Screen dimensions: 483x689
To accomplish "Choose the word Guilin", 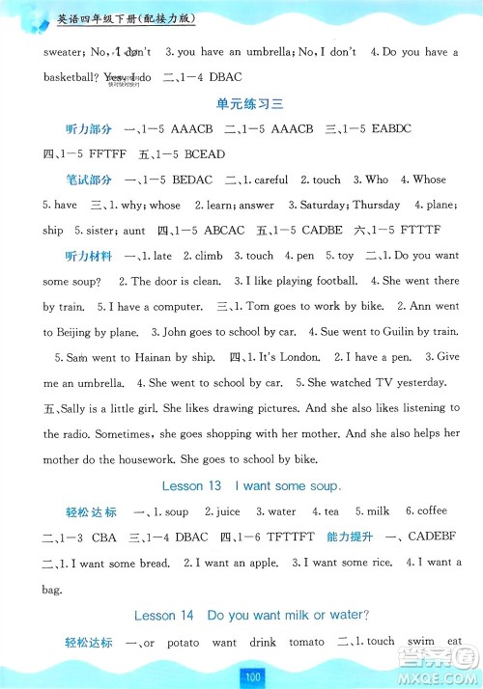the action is (379, 332).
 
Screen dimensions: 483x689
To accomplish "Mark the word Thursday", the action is (377, 205).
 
